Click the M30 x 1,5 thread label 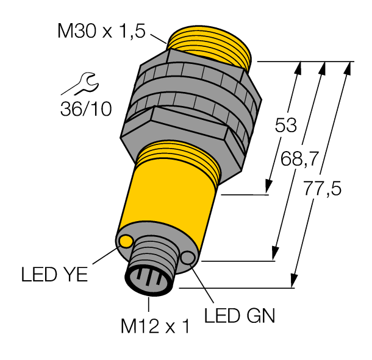pos(101,32)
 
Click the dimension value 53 pos(285,125)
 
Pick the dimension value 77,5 pos(321,189)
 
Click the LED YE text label pos(55,275)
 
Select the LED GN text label pos(239,316)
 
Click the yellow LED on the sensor pos(126,242)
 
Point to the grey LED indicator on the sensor pos(187,259)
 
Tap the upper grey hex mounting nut pos(195,76)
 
